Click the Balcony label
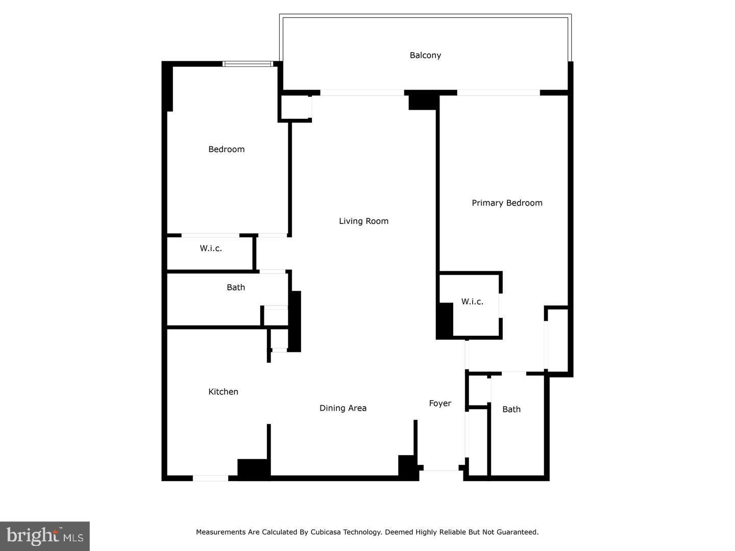(425, 55)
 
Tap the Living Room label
(363, 221)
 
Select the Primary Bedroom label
(507, 203)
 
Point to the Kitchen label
(223, 392)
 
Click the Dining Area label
(343, 408)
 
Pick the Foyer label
(440, 404)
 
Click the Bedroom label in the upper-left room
(226, 149)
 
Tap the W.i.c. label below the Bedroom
(211, 248)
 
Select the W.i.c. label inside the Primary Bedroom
(472, 302)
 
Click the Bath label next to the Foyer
(511, 409)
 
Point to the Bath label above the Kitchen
(236, 288)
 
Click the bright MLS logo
(45, 536)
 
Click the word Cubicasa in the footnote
(325, 532)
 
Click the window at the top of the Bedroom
(248, 64)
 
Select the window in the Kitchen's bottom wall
(210, 478)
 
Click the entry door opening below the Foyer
(442, 468)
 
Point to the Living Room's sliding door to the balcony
(362, 93)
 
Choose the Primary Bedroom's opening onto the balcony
(498, 93)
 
